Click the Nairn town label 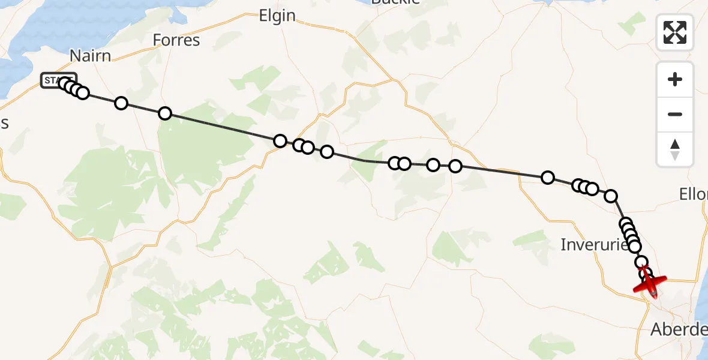click(x=91, y=56)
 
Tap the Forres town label click(x=176, y=40)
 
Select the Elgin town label click(x=277, y=16)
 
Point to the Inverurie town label click(x=593, y=244)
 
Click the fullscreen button click(x=675, y=32)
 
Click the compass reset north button click(x=675, y=149)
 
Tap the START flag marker click(x=58, y=80)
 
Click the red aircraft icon click(x=650, y=283)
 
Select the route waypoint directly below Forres click(x=165, y=113)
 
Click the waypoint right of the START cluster click(x=121, y=103)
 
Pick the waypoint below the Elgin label click(x=280, y=141)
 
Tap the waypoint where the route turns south click(x=611, y=196)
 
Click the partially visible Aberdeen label click(x=679, y=329)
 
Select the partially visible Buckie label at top click(x=395, y=2)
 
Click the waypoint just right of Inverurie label click(x=634, y=246)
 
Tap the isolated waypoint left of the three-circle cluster click(x=547, y=177)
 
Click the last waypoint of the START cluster click(x=83, y=92)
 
